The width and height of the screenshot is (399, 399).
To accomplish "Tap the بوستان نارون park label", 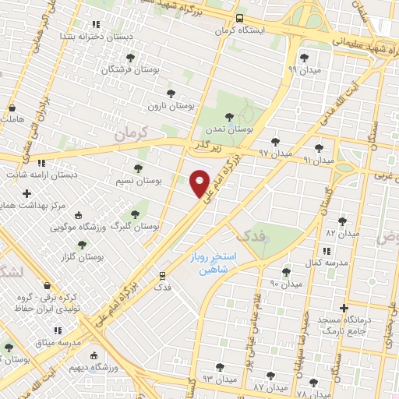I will click(x=170, y=105).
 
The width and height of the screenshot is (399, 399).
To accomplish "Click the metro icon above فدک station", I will click(x=163, y=275).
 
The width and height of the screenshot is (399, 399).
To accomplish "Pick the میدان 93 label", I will click(x=218, y=379).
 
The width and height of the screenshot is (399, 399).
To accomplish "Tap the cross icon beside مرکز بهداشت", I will click(x=27, y=192).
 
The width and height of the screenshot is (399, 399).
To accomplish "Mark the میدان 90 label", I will click(x=285, y=284).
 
